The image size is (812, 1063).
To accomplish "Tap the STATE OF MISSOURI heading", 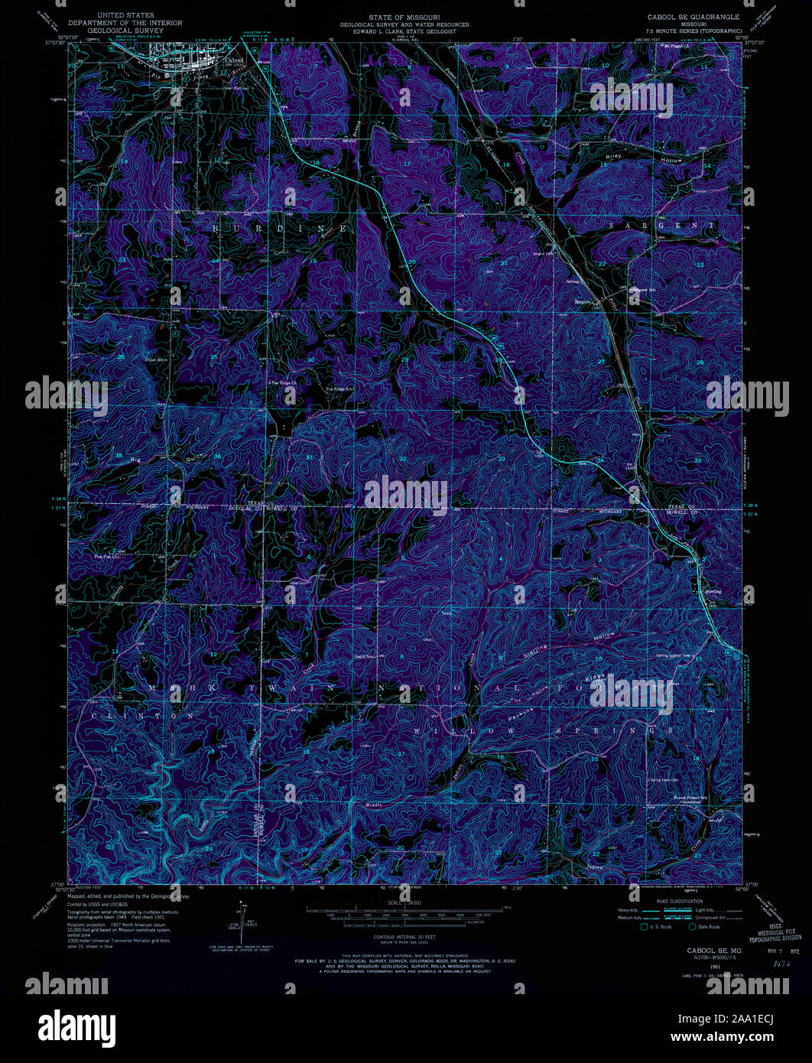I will [x=405, y=15].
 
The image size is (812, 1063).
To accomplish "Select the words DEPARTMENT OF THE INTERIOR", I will [x=125, y=24].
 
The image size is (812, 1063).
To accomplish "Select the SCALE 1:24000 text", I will [x=405, y=904].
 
